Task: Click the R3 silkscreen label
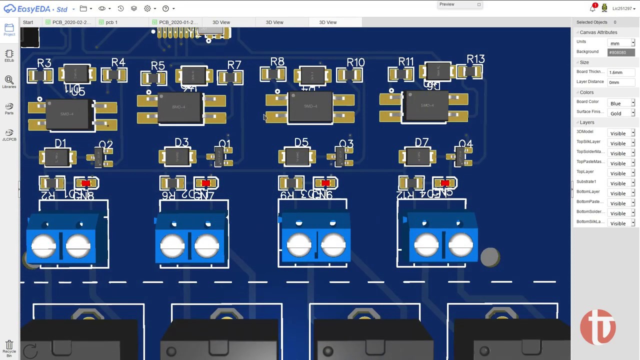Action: tap(44, 63)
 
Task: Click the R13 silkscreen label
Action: tap(475, 60)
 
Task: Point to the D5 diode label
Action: tap(301, 143)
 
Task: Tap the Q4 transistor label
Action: tap(465, 144)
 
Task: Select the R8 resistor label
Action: tap(277, 62)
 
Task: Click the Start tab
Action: tap(28, 22)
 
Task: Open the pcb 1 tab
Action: tap(111, 22)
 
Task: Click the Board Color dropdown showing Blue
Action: tap(621, 103)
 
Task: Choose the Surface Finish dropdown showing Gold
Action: tap(621, 113)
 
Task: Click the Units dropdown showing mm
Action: tap(621, 43)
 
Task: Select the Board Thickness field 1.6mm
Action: tap(621, 72)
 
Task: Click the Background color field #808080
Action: tap(621, 52)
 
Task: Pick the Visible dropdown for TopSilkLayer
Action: tap(621, 143)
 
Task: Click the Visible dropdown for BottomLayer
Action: tap(621, 193)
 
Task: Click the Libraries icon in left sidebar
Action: tap(9, 82)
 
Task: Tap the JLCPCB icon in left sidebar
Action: tap(9, 135)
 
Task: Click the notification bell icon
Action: tap(592, 8)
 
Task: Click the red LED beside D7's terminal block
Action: tap(445, 183)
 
